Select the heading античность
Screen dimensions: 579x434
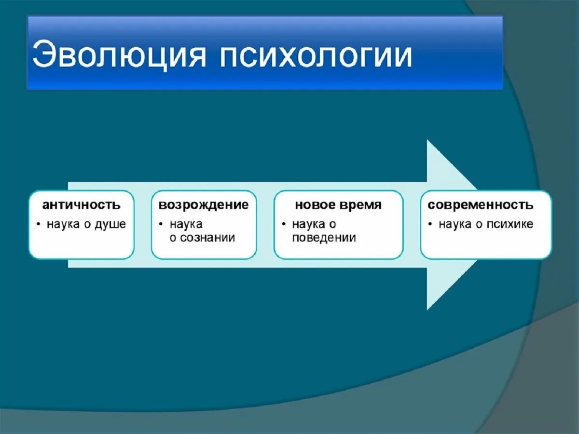(x=81, y=205)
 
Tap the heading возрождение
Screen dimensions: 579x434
(x=204, y=205)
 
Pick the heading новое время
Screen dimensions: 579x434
(x=338, y=205)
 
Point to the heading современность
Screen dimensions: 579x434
(x=481, y=205)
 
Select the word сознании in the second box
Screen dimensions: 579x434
(x=207, y=238)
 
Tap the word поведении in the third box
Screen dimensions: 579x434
(x=324, y=238)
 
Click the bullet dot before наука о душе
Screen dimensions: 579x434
(x=39, y=224)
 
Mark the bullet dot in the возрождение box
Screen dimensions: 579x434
(x=161, y=224)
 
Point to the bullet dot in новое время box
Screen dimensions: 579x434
(x=284, y=224)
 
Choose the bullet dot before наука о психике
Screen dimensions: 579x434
(x=430, y=224)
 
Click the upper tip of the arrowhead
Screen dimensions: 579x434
(x=427, y=140)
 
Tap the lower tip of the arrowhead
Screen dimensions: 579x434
(x=427, y=310)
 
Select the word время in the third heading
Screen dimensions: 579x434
(x=360, y=205)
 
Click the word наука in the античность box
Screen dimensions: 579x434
(x=63, y=225)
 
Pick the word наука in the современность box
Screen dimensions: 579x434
(x=455, y=225)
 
